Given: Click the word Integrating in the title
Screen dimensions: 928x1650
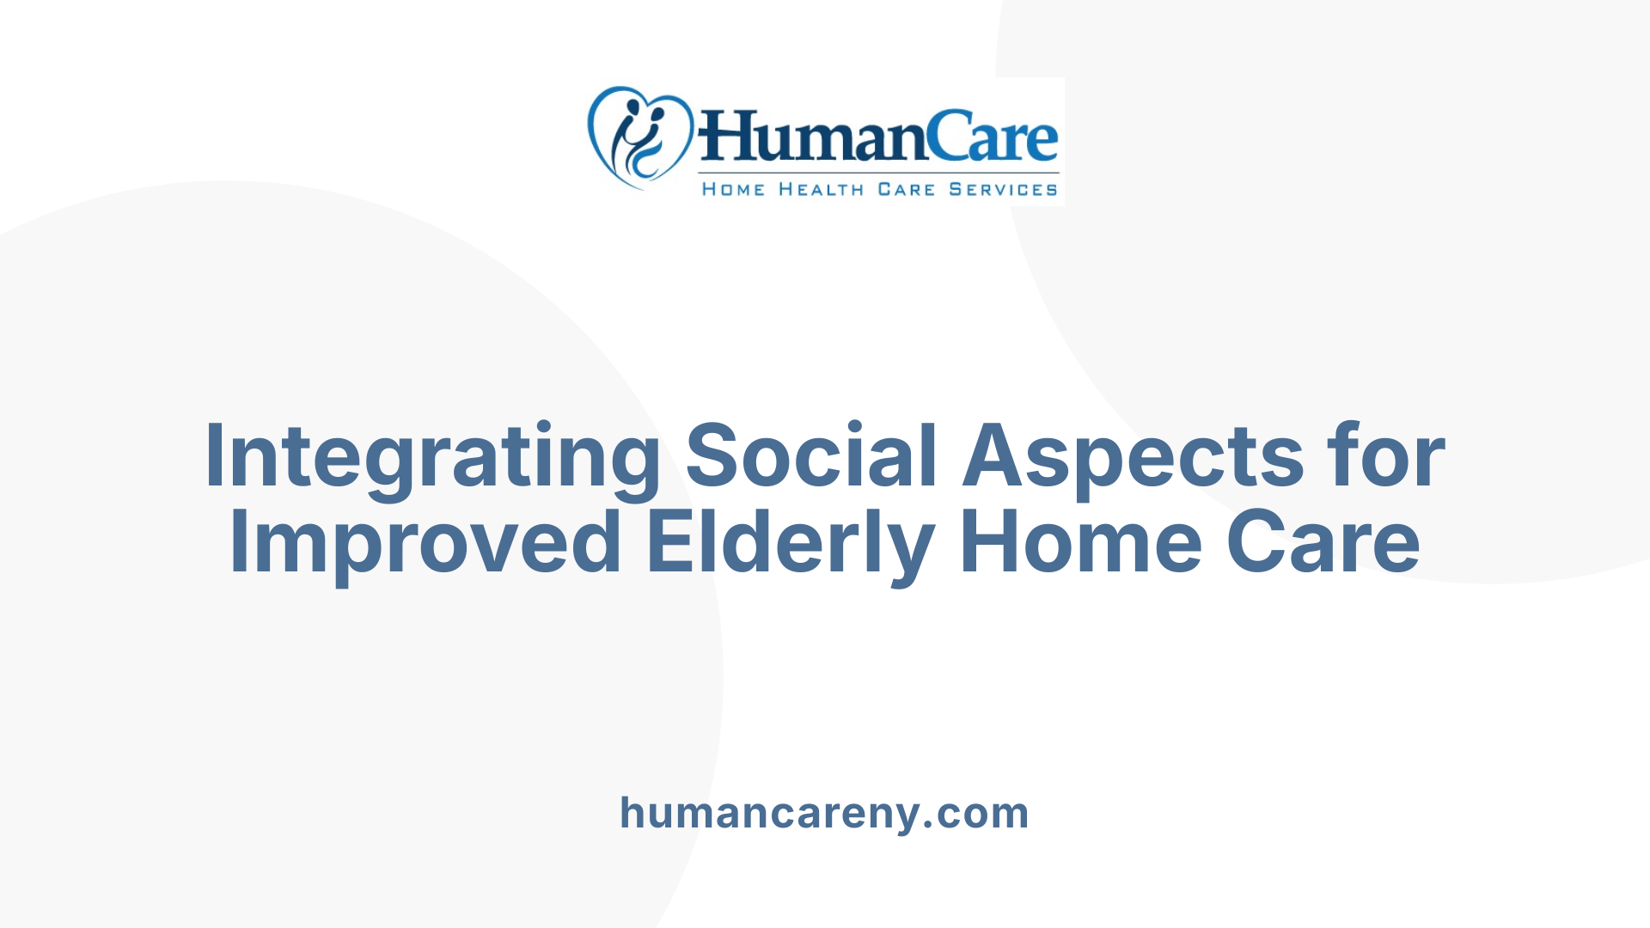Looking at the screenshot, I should point(432,457).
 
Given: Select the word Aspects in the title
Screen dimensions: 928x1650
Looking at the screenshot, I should point(1133,457).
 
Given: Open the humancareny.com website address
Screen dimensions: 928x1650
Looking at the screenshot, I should point(824,813).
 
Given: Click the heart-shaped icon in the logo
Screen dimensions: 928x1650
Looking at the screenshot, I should point(639,136).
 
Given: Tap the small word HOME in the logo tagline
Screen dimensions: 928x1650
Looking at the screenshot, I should point(733,190).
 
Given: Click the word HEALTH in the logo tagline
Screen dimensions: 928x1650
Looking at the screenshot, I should point(821,190).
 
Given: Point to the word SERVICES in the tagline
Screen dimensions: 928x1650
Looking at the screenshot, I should point(1003,190).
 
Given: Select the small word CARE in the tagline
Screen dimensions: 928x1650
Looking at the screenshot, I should point(906,190).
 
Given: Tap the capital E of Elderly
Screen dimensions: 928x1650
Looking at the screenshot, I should point(668,541).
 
